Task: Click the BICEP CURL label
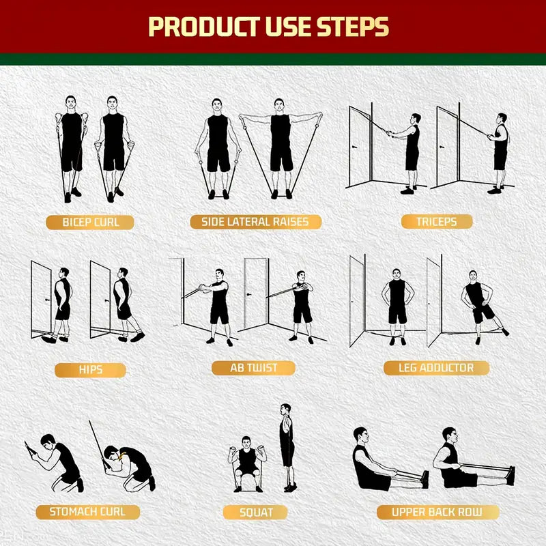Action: tap(89, 222)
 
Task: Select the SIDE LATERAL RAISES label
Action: tap(255, 222)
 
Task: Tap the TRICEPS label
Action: tap(436, 221)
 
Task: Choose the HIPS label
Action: tap(90, 369)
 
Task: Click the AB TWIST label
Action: tap(254, 368)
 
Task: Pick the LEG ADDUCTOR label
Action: tap(436, 368)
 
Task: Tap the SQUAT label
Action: tap(256, 512)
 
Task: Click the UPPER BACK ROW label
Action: tap(436, 511)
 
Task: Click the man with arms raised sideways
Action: tap(280, 147)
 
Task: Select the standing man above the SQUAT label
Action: tap(287, 447)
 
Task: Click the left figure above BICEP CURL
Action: tap(71, 147)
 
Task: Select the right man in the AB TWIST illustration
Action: tap(302, 305)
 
